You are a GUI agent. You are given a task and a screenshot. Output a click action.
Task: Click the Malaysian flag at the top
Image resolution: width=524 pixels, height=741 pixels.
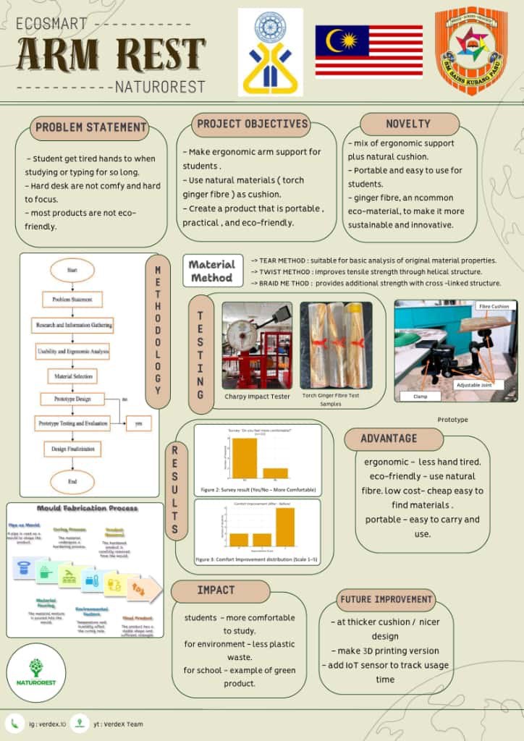(368, 51)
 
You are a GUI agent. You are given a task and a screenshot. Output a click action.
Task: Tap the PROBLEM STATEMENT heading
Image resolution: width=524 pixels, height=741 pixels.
(90, 128)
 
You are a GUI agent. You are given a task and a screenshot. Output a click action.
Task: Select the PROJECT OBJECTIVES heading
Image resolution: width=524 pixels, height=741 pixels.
(252, 124)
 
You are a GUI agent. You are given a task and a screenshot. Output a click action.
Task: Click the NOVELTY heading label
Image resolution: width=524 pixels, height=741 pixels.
(408, 124)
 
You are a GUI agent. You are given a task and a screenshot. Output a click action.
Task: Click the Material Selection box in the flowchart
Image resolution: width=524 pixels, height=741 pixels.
(72, 376)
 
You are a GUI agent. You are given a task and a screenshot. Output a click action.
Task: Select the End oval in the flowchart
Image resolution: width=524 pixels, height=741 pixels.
(72, 481)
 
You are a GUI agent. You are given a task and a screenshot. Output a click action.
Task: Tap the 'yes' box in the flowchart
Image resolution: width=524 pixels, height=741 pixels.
(138, 424)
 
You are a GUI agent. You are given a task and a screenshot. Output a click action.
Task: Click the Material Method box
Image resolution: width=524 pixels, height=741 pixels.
(212, 271)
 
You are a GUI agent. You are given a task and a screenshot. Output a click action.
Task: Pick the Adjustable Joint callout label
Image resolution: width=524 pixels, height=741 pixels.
(475, 385)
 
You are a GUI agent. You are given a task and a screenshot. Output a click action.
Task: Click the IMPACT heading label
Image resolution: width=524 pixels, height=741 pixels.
(216, 590)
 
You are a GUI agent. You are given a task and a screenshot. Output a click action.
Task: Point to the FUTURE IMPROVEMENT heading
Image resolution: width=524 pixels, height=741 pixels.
(386, 599)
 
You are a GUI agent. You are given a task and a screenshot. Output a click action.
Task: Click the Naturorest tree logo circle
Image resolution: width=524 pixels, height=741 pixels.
(35, 672)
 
